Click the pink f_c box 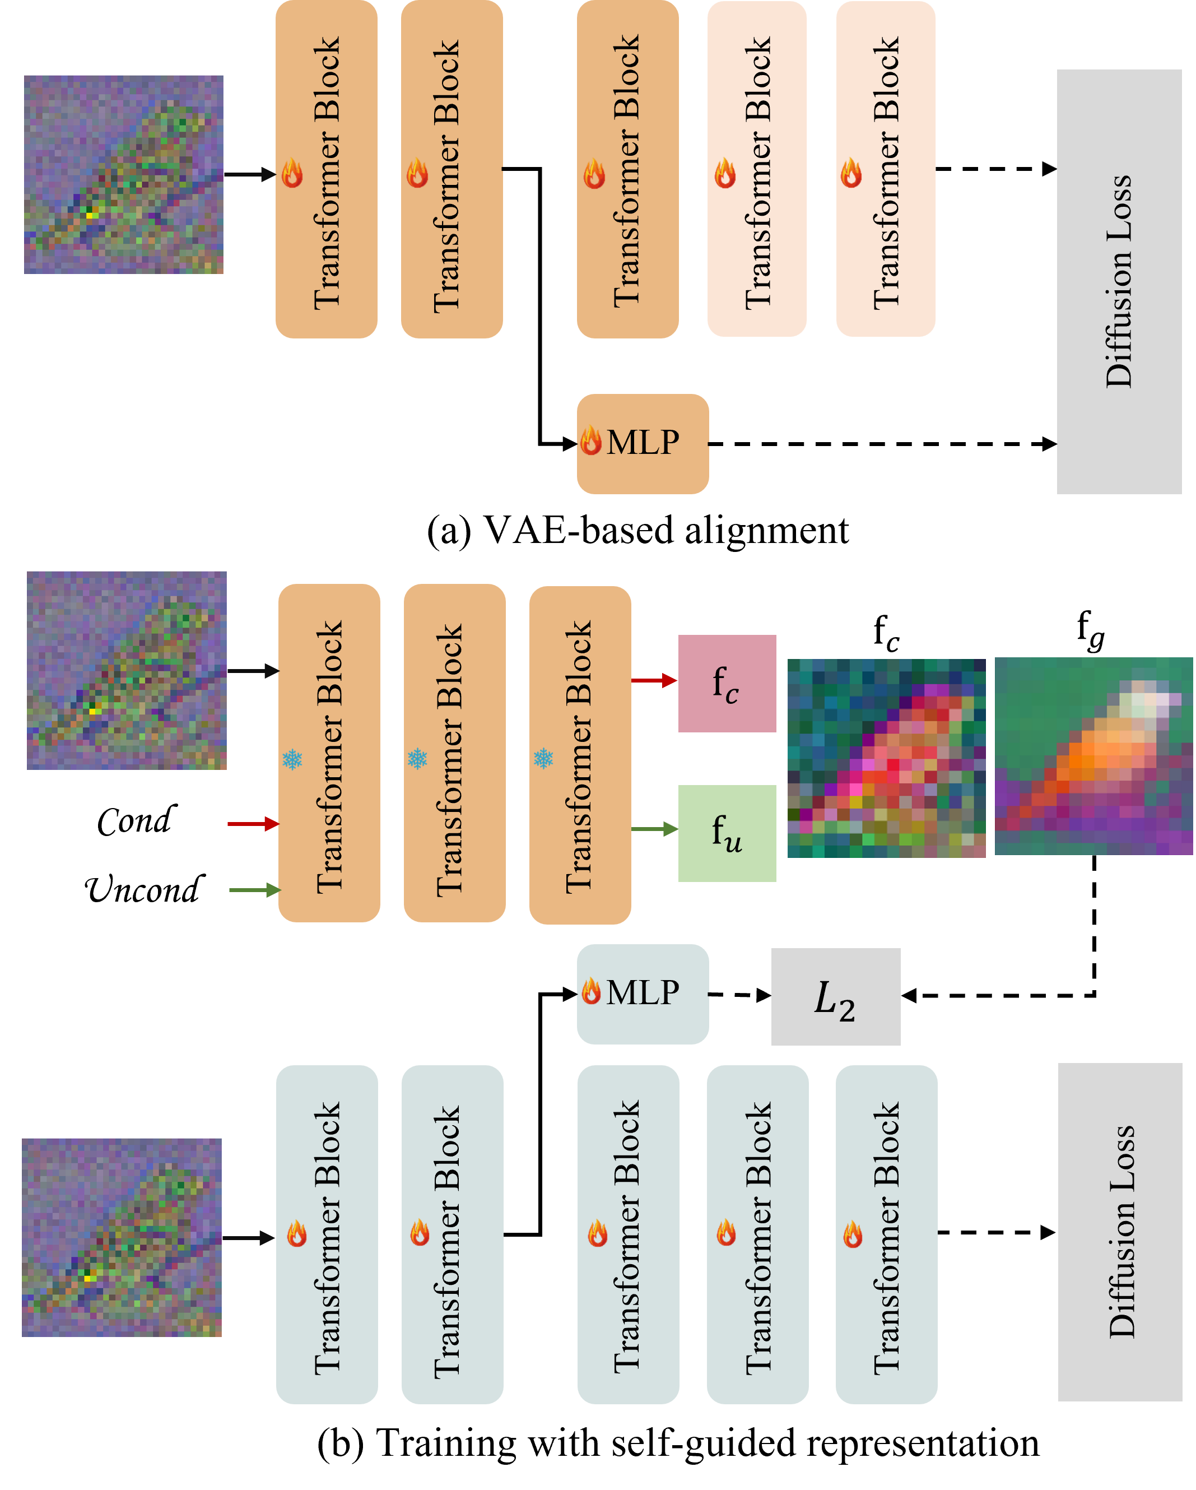(727, 684)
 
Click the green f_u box (727, 833)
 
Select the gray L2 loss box (835, 996)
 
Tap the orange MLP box (643, 444)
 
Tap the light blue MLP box (643, 994)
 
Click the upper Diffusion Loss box (1119, 281)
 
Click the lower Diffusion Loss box (1120, 1232)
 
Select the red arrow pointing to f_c (654, 681)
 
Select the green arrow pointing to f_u (654, 829)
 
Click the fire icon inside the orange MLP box (591, 441)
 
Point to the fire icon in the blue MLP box (591, 991)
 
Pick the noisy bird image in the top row (124, 174)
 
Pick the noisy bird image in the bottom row (122, 1237)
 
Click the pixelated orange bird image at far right (1093, 756)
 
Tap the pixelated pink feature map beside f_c (886, 758)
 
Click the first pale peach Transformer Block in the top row (757, 169)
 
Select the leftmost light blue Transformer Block (327, 1234)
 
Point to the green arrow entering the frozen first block (254, 890)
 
